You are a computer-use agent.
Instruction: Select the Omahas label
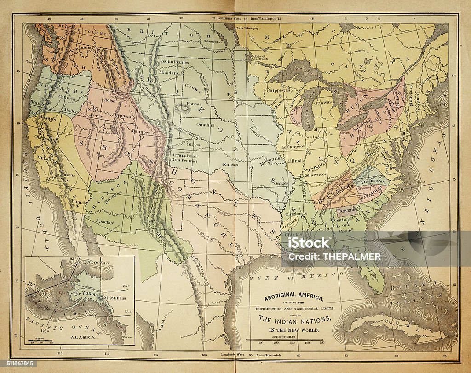(205, 125)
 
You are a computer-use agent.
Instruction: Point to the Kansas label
(230, 164)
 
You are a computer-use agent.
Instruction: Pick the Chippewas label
(277, 91)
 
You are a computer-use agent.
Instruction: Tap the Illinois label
(296, 161)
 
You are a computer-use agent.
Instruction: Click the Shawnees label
(316, 175)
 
